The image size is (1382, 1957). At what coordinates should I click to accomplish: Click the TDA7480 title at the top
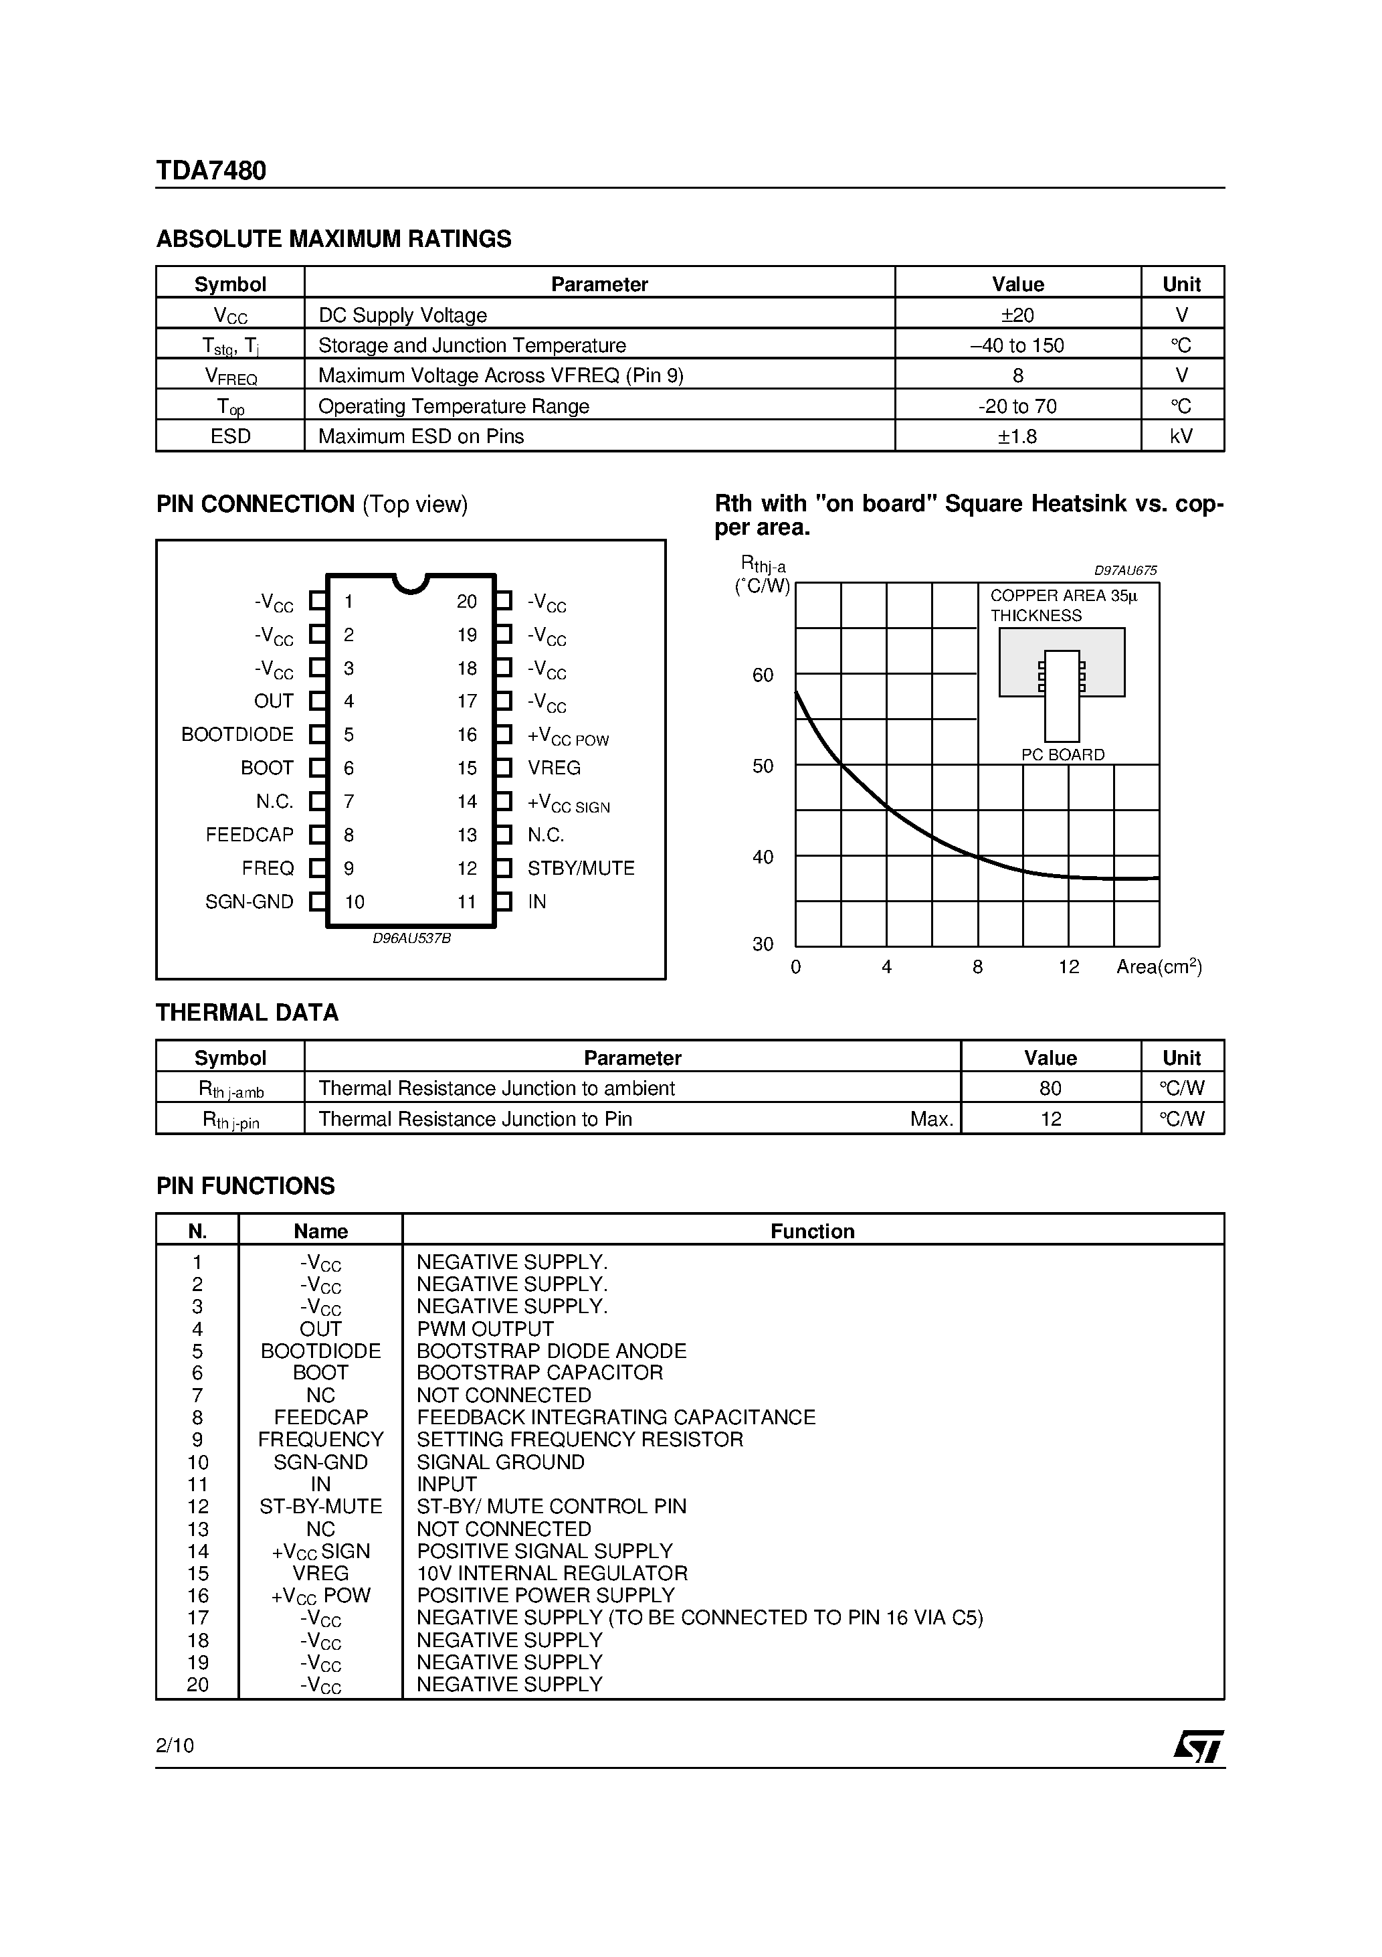click(x=211, y=171)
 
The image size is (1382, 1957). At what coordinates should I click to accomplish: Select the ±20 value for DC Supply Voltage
click(x=1017, y=315)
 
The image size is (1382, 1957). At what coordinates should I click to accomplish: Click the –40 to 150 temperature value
click(x=1017, y=345)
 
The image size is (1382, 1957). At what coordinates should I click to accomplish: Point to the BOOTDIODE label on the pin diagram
click(x=237, y=735)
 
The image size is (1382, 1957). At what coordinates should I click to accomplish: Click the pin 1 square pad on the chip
click(x=317, y=601)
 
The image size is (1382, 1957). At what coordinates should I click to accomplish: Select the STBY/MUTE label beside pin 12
click(x=581, y=869)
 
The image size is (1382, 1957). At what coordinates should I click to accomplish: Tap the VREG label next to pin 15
click(x=554, y=768)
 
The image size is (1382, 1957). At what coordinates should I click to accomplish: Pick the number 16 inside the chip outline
click(x=467, y=735)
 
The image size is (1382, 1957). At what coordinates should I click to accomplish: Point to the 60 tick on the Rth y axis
click(x=763, y=676)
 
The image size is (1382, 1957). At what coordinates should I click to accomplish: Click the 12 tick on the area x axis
click(x=1068, y=967)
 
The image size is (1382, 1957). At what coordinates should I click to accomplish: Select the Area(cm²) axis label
click(x=1159, y=966)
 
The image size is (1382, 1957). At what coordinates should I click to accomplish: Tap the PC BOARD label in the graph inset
click(x=1062, y=755)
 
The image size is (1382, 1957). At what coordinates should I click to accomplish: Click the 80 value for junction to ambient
click(x=1051, y=1088)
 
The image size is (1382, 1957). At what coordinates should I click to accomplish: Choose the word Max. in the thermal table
click(x=931, y=1120)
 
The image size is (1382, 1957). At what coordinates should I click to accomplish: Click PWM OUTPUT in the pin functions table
click(x=485, y=1330)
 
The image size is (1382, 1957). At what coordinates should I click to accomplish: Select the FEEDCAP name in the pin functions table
click(x=320, y=1418)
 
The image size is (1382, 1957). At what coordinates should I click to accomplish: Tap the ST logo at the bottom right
click(x=1198, y=1746)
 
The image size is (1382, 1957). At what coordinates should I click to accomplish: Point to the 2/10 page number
click(x=175, y=1746)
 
